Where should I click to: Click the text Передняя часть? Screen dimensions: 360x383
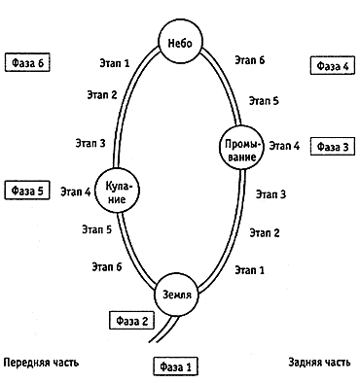point(41,363)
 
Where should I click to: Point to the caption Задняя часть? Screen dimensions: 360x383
point(319,362)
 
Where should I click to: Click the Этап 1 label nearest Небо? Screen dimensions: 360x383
point(115,63)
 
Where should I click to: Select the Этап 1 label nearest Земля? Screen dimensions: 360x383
point(250,270)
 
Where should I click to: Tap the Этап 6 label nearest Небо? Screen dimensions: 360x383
point(250,60)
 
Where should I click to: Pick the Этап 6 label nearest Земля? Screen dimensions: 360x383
point(107,266)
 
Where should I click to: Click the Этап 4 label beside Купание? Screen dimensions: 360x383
point(76,191)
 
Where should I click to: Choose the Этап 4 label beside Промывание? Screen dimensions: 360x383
point(284,146)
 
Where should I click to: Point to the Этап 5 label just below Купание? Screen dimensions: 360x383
point(96,229)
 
